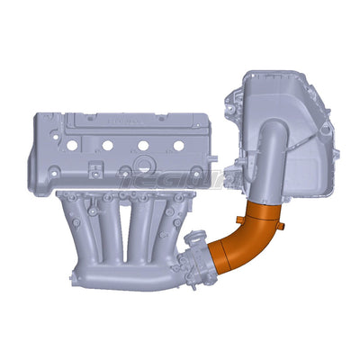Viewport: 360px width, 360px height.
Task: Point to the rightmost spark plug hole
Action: tap(163, 144)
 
